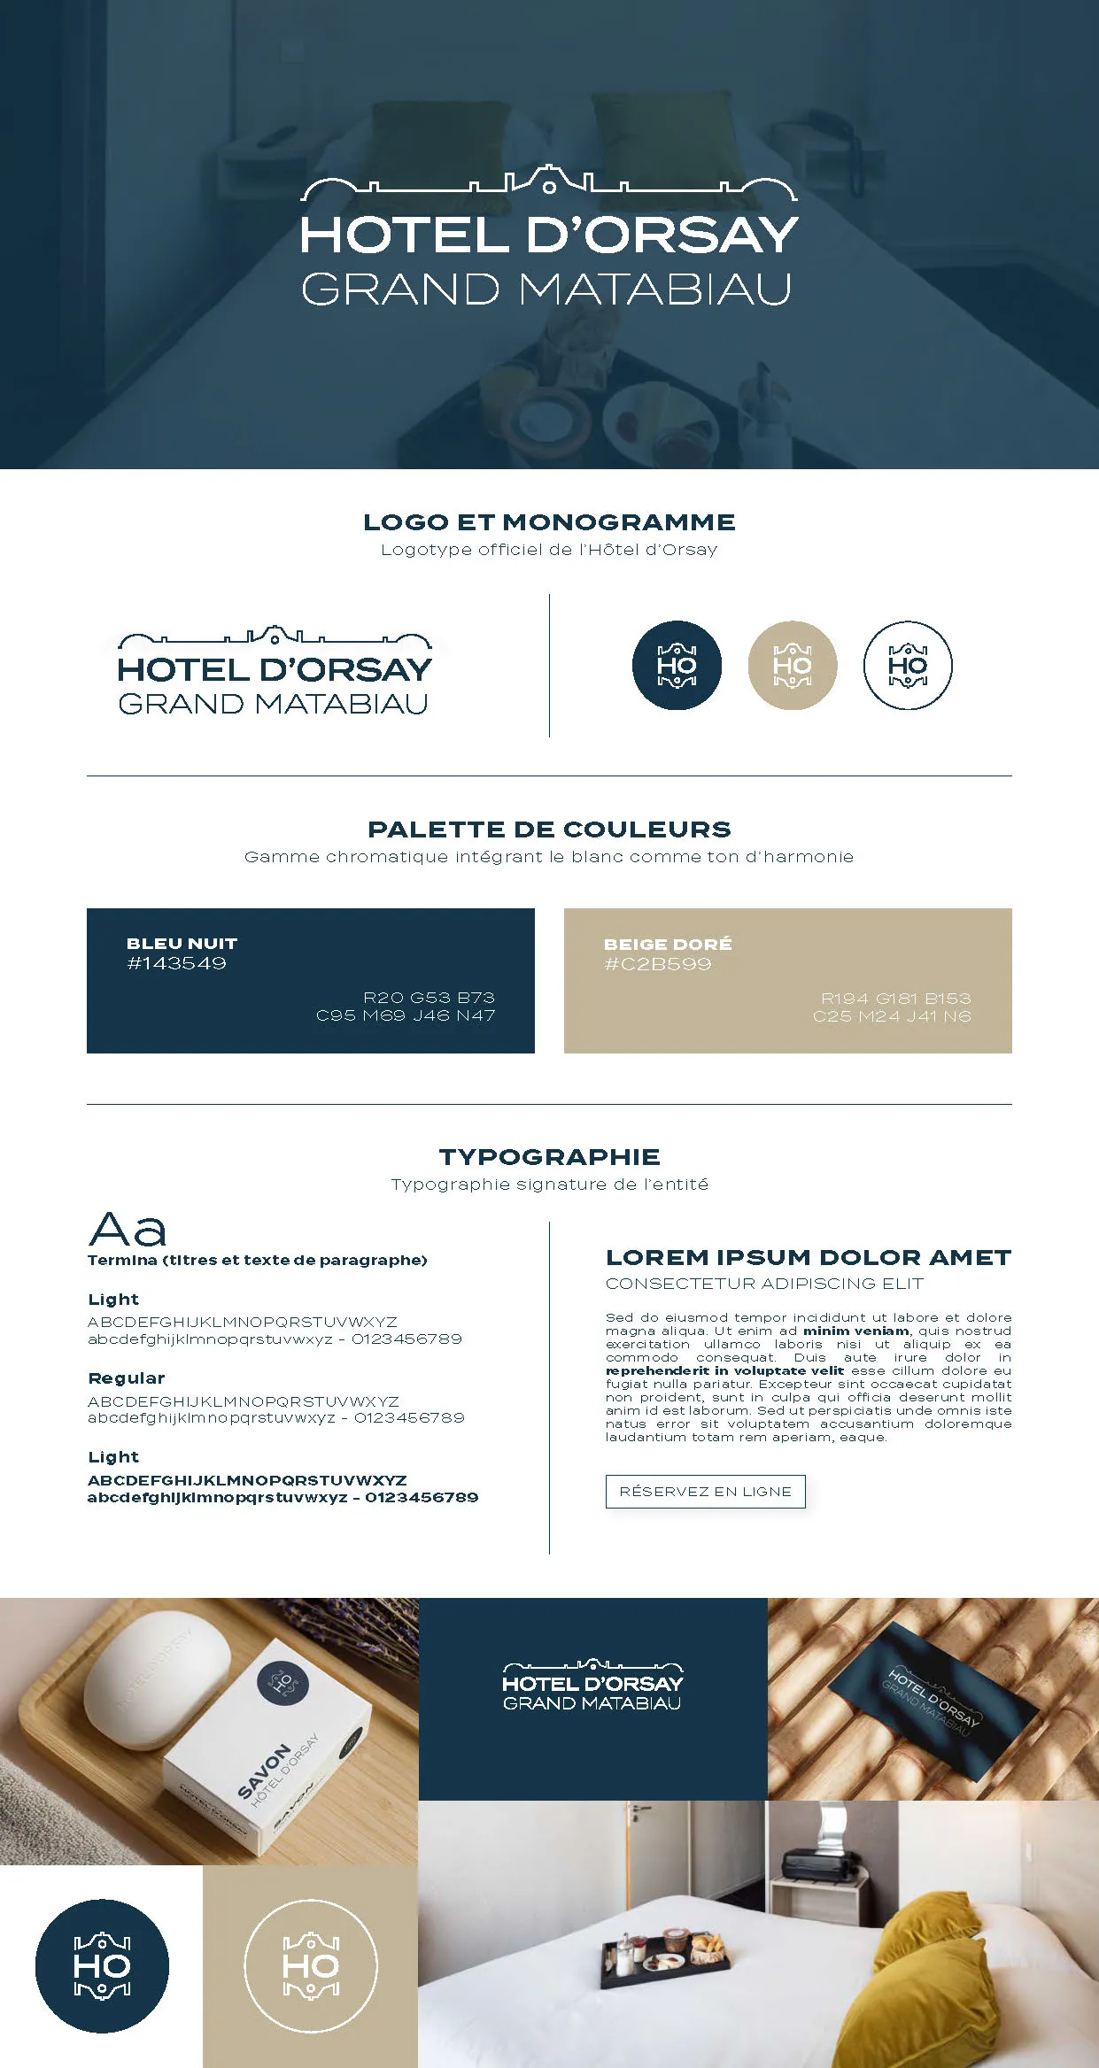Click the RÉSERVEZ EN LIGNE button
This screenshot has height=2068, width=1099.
[705, 1492]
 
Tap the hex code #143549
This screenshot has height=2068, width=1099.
[176, 963]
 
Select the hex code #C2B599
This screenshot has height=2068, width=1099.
[657, 964]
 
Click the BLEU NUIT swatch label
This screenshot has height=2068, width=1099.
[182, 944]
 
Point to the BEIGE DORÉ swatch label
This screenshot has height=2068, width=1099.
[668, 945]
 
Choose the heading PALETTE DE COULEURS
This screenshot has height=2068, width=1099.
[549, 830]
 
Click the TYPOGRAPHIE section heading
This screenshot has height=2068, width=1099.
[549, 1157]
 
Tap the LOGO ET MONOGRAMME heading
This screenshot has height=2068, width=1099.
[549, 522]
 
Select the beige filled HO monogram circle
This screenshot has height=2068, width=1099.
[793, 665]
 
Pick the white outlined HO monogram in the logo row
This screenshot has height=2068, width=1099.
[908, 665]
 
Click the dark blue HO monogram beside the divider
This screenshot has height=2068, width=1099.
[677, 665]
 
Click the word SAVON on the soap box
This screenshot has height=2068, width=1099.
[264, 1771]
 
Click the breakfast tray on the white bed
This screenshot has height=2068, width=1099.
[665, 1956]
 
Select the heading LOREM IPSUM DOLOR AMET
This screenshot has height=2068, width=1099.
[808, 1257]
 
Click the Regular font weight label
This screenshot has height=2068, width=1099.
[127, 1378]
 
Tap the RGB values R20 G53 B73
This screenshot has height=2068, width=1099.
[429, 998]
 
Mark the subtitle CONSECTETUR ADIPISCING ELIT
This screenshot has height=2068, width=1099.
[764, 1284]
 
